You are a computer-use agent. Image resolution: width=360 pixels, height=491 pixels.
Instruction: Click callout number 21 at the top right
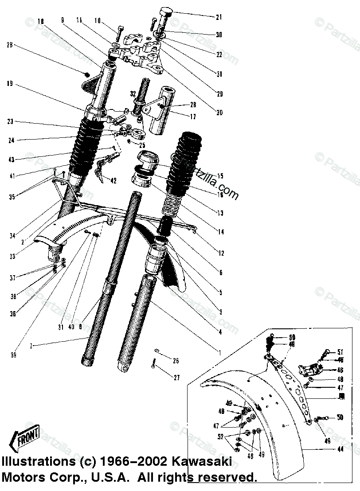pos(219,17)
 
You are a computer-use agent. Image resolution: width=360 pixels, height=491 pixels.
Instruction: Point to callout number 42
pos(113,180)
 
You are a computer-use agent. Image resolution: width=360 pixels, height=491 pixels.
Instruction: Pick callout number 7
pos(31,346)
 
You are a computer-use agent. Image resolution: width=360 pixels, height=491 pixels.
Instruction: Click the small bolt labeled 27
pos(153,364)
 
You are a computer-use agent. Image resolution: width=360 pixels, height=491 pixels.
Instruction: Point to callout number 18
pos(41,21)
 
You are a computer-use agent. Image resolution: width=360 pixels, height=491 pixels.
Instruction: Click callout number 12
pos(221,253)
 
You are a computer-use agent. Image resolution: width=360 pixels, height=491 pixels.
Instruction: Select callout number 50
pos(340,417)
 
